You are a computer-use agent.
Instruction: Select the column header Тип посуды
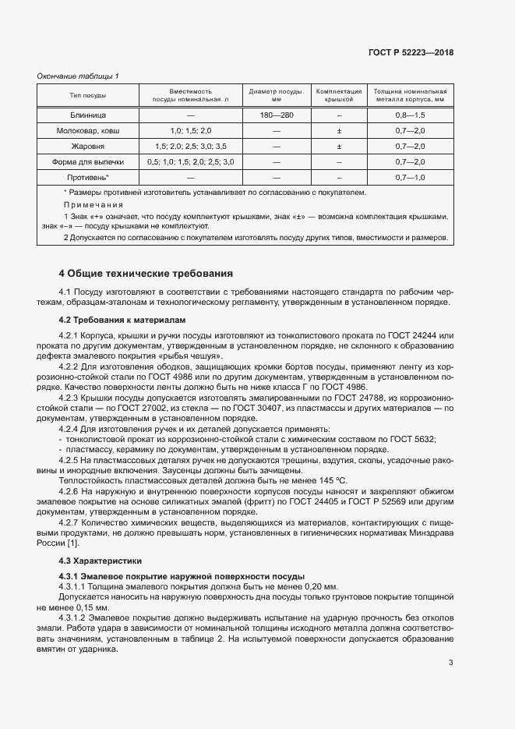tap(88, 96)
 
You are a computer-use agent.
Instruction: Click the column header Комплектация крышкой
tap(339, 96)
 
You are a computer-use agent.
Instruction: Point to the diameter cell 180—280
tap(277, 115)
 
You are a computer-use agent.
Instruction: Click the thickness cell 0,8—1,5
tap(410, 115)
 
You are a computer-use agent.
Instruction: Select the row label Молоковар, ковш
tap(88, 130)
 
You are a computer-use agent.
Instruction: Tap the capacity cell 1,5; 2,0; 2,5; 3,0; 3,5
tap(191, 146)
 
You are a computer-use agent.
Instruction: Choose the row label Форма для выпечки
tap(88, 161)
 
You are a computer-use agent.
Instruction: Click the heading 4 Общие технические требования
tap(146, 274)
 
